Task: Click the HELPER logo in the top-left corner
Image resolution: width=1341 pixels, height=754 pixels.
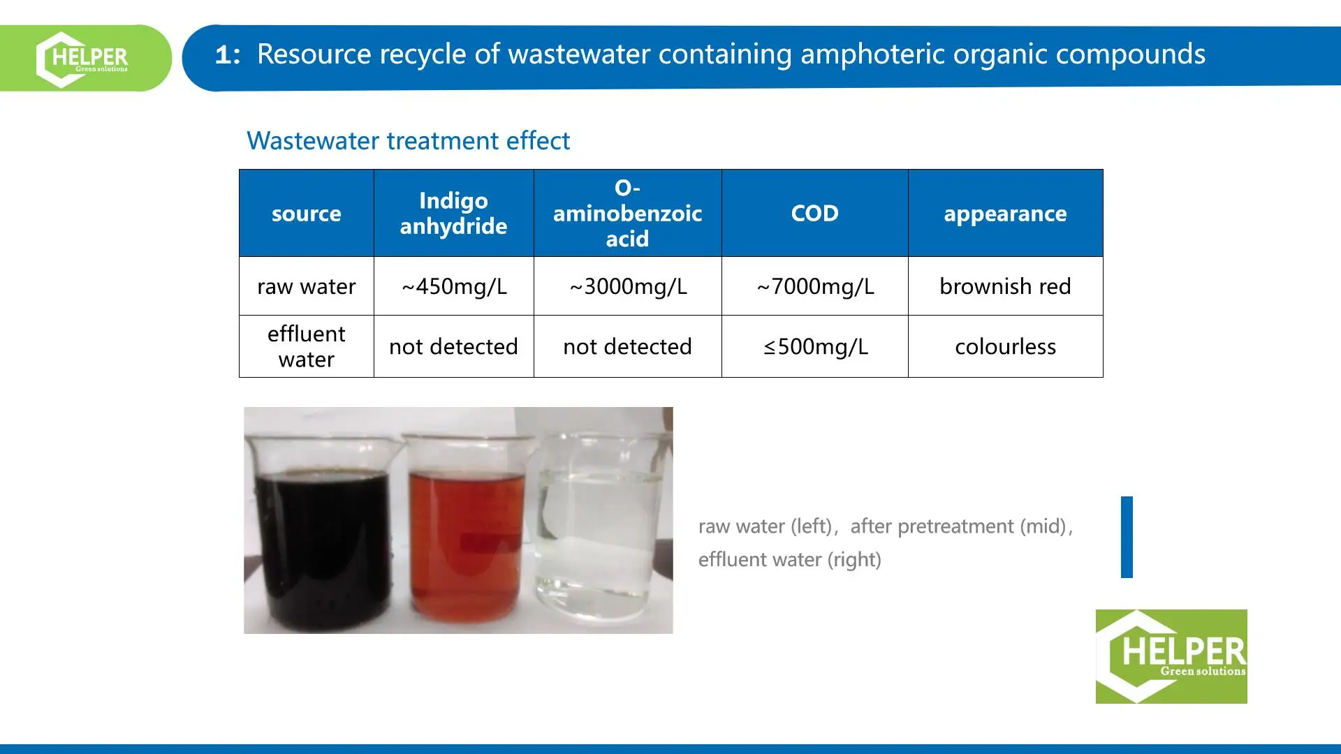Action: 82,59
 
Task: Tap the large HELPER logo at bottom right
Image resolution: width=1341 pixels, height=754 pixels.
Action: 1171,656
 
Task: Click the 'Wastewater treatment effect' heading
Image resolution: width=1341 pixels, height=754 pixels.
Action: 408,141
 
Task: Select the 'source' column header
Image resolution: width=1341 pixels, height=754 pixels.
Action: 306,214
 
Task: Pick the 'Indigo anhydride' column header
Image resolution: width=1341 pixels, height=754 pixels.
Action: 453,214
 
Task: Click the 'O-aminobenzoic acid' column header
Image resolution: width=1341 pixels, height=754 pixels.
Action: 627,214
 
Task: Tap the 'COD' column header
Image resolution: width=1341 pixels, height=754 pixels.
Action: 814,214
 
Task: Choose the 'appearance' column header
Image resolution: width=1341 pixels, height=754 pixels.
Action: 1005,214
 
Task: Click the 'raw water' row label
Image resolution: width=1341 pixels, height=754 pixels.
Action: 306,286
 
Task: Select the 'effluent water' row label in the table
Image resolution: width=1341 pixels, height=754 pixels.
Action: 306,346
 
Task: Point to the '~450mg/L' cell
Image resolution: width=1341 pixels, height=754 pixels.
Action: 453,286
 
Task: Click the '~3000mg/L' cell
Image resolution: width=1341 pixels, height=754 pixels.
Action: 627,286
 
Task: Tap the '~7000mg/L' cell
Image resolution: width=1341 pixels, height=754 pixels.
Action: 814,286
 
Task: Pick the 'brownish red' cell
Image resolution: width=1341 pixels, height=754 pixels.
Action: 1005,286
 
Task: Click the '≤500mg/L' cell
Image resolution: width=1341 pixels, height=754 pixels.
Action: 814,346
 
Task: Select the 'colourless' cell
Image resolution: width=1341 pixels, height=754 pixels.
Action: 1005,346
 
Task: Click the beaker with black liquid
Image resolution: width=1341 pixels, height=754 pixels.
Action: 321,538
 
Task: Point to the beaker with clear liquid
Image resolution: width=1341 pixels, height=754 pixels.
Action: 599,524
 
